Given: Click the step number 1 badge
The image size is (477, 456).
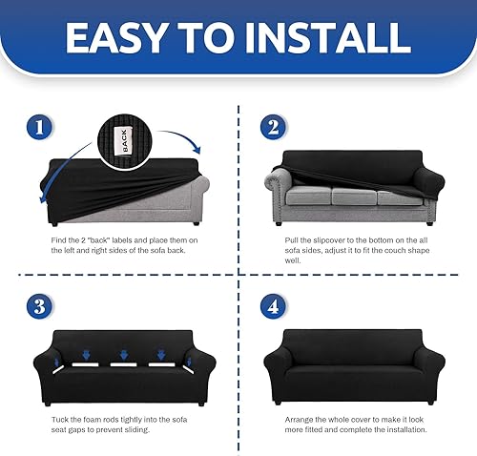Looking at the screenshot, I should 35,126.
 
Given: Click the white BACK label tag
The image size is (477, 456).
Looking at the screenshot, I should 122,140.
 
